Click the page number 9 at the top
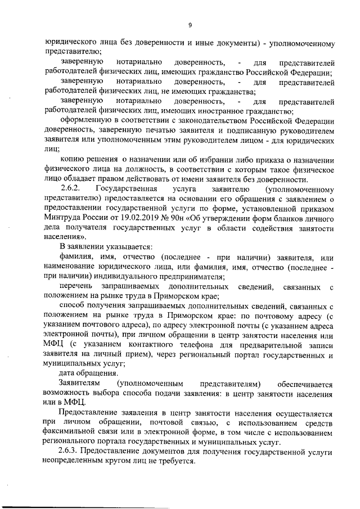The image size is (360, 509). (190, 25)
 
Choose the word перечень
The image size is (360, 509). (77, 287)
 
